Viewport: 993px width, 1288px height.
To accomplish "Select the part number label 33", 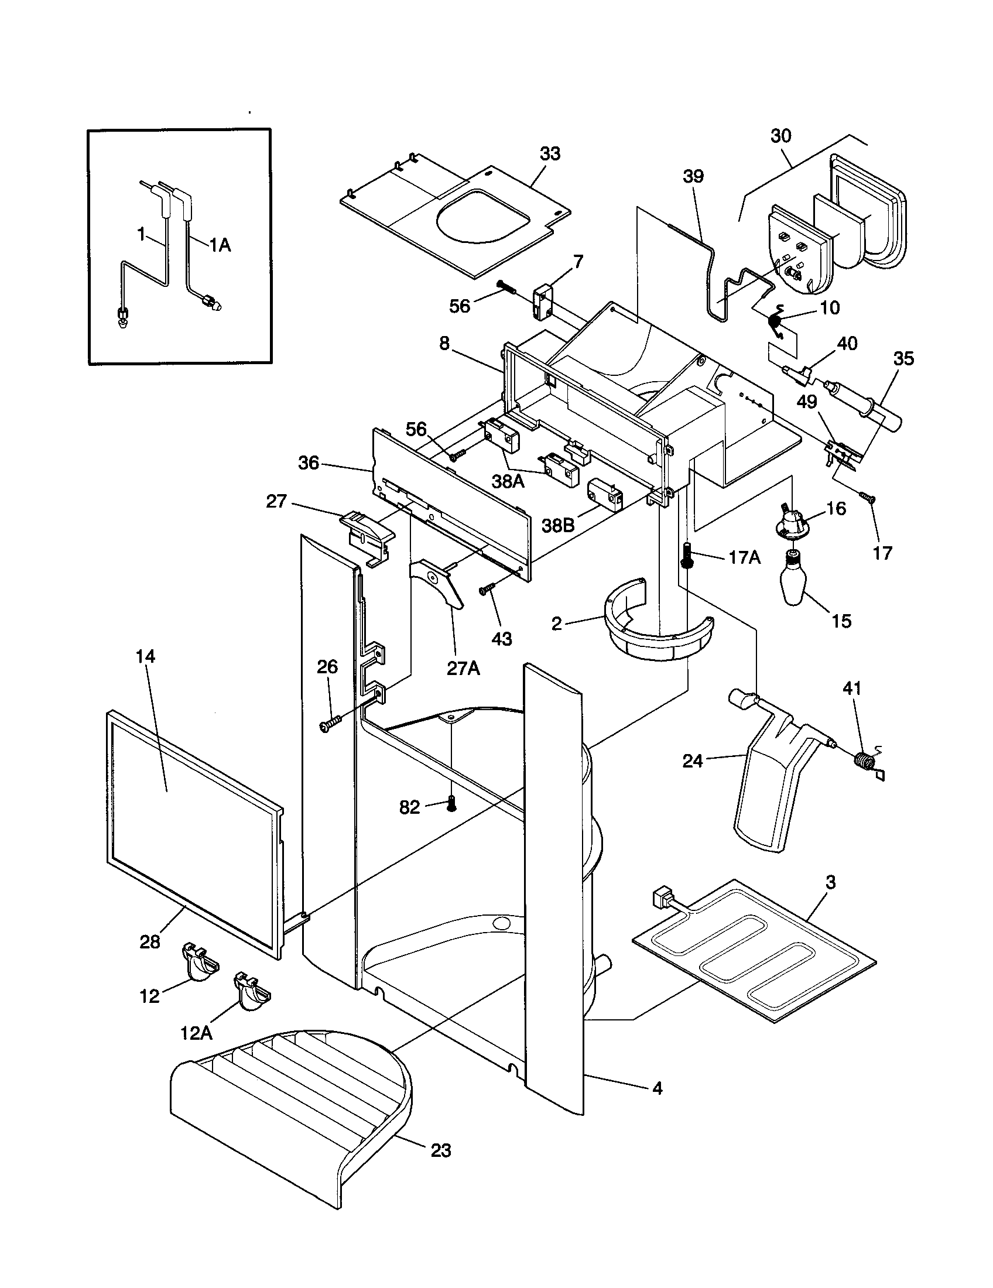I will (x=550, y=154).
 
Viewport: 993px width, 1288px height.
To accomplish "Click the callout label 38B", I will (x=558, y=525).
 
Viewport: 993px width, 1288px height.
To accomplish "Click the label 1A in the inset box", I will (x=220, y=245).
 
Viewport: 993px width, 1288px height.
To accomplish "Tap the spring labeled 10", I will (x=776, y=321).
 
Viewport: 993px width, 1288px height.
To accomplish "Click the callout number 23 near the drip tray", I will (x=441, y=1150).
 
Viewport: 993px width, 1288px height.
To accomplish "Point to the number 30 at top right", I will (x=780, y=136).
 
